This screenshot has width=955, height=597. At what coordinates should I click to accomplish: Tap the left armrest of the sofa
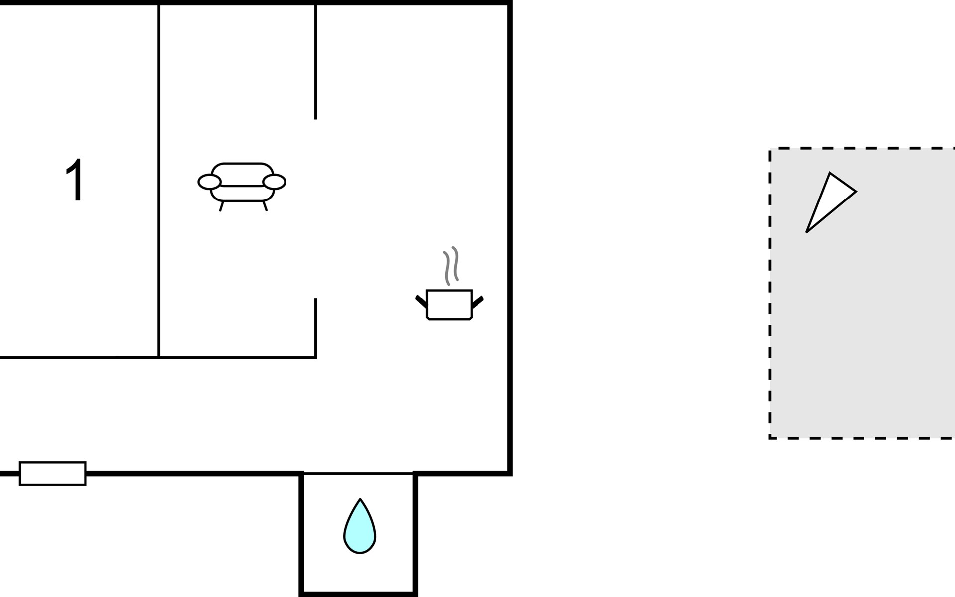209,182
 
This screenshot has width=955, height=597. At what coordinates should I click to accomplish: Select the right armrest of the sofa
275,182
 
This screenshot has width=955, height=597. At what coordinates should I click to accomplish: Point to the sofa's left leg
221,206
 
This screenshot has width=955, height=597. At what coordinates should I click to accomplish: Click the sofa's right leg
265,206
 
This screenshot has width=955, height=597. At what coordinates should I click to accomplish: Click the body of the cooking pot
449,304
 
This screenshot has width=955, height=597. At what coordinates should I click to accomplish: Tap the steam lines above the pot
451,265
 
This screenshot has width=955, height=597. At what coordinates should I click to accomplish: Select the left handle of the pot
421,300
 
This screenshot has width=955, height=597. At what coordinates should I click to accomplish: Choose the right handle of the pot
477,301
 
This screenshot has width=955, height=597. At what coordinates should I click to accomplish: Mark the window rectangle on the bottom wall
53,473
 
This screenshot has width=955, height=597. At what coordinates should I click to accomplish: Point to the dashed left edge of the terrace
770,294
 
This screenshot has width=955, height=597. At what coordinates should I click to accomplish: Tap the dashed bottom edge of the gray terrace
860,438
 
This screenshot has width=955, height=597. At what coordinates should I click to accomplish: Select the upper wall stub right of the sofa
315,62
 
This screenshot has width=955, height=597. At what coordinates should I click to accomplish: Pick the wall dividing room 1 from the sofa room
159,179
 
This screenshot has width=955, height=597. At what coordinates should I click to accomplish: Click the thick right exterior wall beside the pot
510,298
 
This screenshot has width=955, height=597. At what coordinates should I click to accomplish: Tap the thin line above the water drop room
358,473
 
